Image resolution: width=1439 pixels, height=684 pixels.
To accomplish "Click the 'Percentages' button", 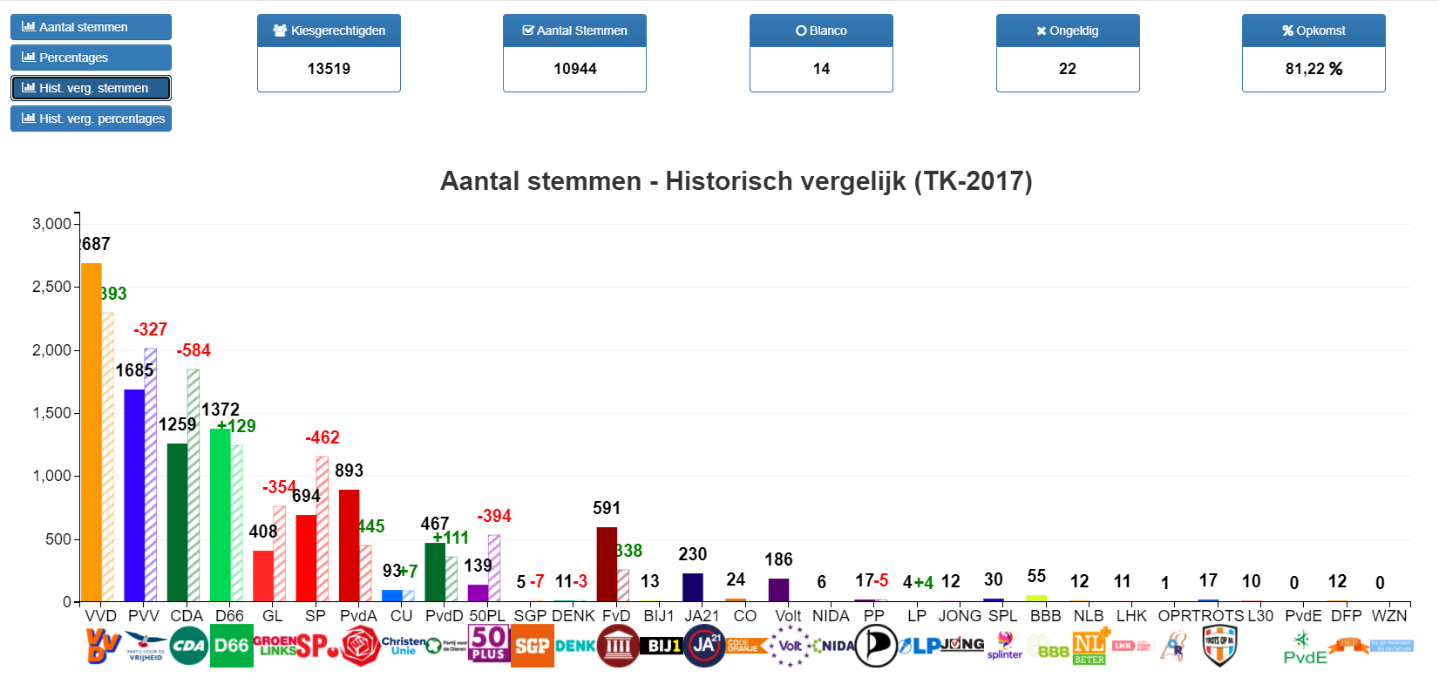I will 91,58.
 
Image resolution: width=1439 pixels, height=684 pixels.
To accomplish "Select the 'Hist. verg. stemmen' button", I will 91,88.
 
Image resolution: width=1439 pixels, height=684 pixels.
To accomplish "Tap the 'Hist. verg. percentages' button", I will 91,119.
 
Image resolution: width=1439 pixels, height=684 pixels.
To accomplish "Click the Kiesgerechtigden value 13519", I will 329,69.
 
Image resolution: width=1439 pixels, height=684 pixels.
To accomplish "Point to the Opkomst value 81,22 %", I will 1313,69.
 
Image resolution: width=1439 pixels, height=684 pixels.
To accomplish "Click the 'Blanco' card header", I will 821,30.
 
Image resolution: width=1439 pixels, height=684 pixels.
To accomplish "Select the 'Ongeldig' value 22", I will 1068,69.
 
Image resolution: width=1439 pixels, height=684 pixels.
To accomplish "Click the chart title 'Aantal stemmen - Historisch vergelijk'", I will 736,181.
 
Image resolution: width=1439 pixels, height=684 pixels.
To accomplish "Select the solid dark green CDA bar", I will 177,522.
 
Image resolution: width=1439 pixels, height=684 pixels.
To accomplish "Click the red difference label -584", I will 193,350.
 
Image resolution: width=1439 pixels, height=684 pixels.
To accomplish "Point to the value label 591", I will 607,508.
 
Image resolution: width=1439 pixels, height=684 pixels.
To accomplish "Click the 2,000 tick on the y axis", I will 52,350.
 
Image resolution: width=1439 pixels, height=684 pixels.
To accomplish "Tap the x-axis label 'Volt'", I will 788,616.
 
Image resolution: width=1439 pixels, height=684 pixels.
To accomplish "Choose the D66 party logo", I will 232,646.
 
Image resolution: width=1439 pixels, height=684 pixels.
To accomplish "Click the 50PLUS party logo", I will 489,644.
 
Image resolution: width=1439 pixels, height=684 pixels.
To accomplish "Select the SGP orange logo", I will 532,646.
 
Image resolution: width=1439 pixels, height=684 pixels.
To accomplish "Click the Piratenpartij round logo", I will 876,646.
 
